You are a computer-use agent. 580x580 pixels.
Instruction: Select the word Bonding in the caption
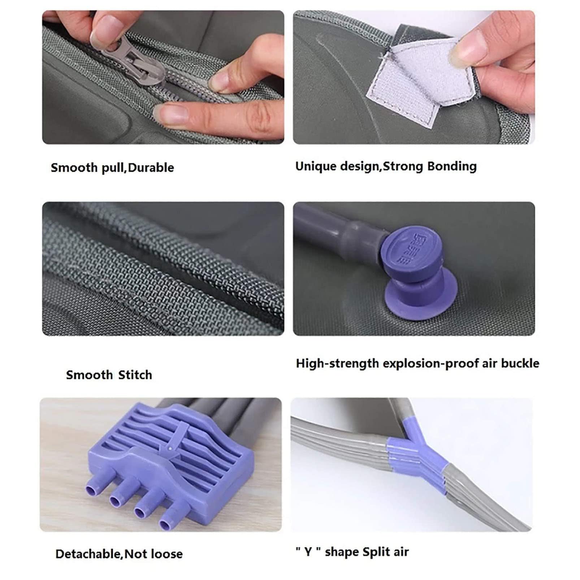[x=452, y=166]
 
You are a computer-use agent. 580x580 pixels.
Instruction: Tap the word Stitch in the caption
[x=135, y=375]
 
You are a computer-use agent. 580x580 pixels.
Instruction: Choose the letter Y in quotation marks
[x=308, y=552]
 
